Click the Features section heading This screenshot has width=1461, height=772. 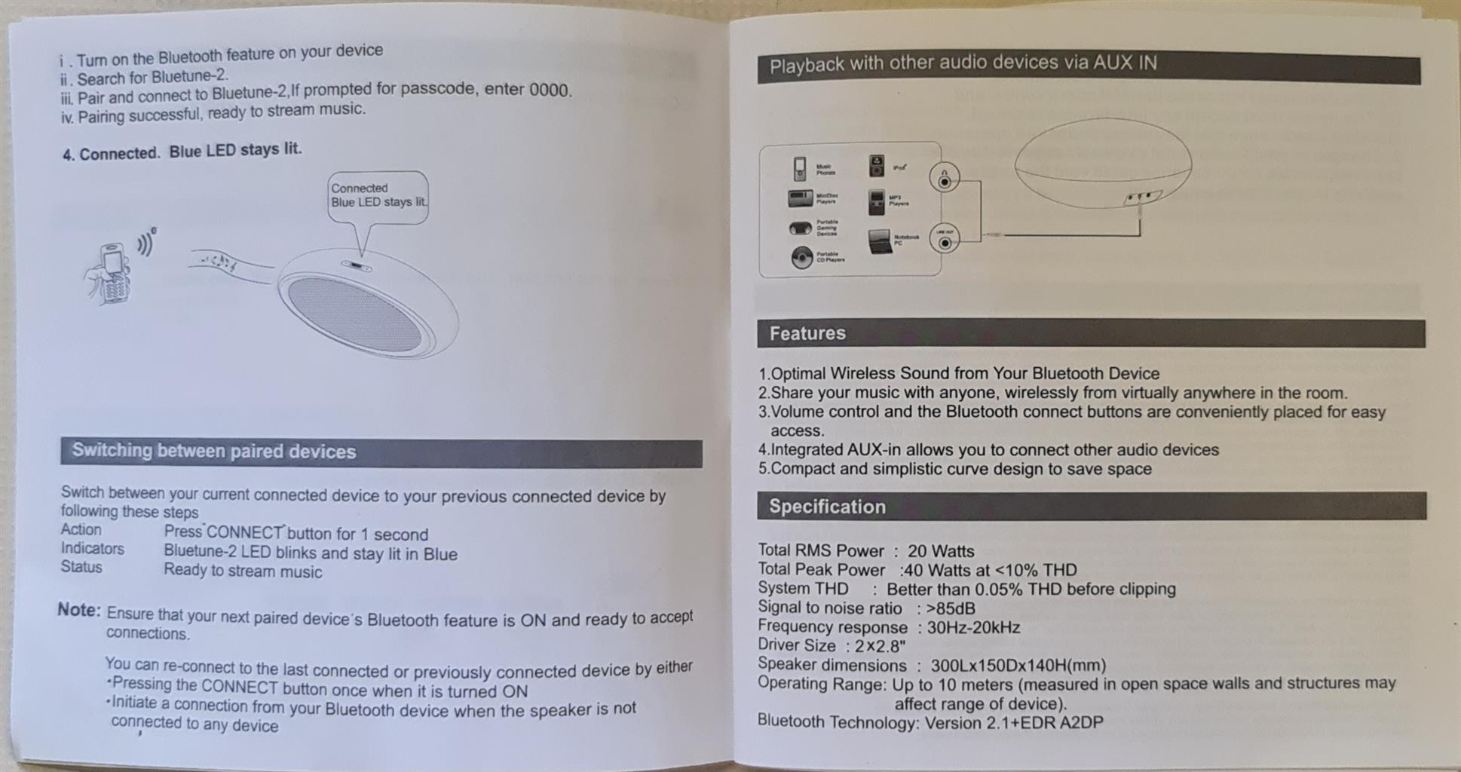coord(807,333)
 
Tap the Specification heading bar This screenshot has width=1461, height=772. coord(827,507)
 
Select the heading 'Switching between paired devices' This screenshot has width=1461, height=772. coord(214,452)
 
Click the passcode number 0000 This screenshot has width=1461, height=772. coord(549,90)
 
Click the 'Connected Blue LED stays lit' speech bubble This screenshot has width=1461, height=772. coord(378,196)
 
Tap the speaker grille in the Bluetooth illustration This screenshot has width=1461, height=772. coord(354,314)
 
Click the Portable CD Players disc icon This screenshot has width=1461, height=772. coord(801,258)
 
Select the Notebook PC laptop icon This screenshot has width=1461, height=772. coord(879,241)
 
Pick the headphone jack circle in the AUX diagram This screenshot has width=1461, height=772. coord(945,179)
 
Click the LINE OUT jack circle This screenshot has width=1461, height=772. coord(945,240)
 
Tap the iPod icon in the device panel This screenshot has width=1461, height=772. coord(877,166)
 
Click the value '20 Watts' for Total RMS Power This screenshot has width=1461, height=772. coord(940,551)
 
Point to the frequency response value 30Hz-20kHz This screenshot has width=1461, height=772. coord(973,627)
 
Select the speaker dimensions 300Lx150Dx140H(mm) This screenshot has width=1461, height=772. coord(1018,666)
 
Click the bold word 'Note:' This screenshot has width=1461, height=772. coord(78,610)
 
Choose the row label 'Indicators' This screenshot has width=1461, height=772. coord(93,549)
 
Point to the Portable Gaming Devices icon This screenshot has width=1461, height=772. coord(800,228)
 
